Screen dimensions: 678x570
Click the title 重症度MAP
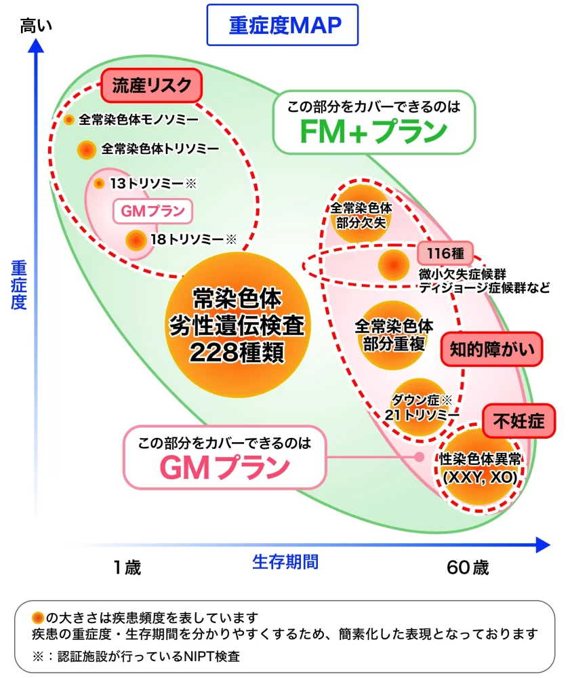(283, 26)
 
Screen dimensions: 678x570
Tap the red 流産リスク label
(152, 86)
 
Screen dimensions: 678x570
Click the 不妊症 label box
(518, 420)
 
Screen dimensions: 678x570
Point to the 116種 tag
(445, 254)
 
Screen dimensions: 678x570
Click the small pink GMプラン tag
(152, 211)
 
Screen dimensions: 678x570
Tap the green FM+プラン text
(374, 132)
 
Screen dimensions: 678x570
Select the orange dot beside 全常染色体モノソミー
(69, 120)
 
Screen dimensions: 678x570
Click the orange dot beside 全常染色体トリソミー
(86, 150)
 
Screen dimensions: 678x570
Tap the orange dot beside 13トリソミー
(99, 183)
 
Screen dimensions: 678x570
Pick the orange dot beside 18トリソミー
(136, 239)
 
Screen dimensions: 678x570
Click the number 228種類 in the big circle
(237, 353)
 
